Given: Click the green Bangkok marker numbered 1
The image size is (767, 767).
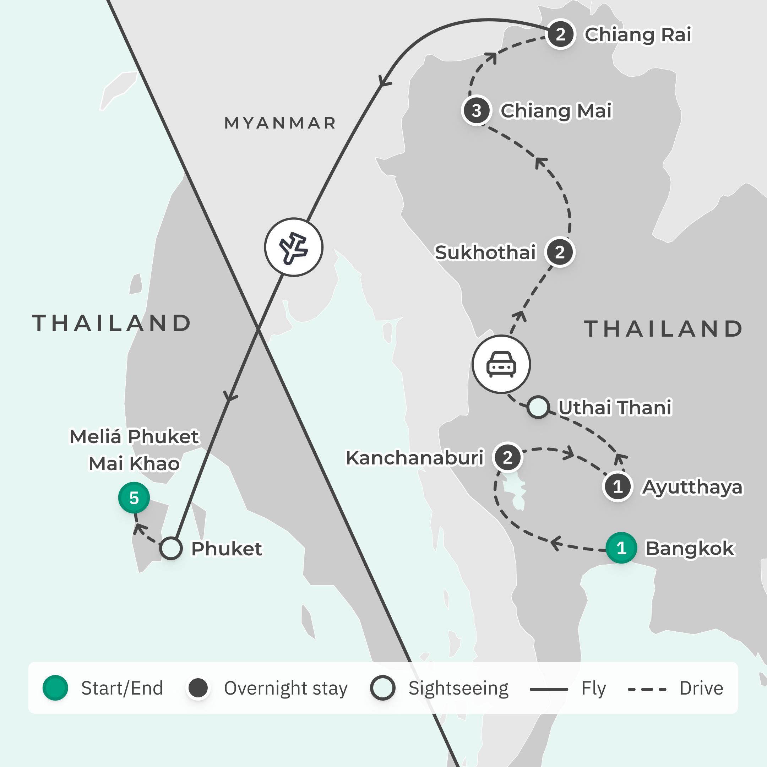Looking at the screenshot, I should click(x=621, y=548).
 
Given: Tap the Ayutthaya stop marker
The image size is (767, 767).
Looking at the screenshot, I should click(x=618, y=486).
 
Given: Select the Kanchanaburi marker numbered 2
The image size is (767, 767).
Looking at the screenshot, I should click(x=507, y=457).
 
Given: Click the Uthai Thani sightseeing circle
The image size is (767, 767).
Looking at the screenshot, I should click(x=538, y=407).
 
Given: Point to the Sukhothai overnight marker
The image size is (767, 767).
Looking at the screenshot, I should click(x=560, y=252).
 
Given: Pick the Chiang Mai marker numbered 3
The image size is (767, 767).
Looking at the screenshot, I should click(x=477, y=110).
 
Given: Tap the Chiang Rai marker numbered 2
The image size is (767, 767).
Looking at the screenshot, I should click(x=561, y=34).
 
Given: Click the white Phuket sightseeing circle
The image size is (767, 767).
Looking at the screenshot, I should click(x=171, y=548).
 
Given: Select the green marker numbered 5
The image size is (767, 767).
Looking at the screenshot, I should click(x=134, y=497).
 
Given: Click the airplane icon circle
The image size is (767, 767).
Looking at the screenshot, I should click(x=294, y=247).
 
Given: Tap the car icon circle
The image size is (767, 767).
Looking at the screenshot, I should click(x=501, y=364).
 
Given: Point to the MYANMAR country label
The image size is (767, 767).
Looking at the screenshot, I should click(x=280, y=123).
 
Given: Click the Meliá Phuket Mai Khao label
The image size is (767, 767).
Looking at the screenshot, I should click(x=134, y=450).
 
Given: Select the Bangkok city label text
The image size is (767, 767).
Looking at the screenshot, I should click(x=690, y=548).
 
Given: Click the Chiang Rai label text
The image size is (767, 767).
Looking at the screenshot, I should click(x=638, y=34).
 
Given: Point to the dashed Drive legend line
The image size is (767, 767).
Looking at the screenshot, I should click(x=647, y=690).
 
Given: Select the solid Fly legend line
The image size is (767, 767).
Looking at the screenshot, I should click(x=549, y=690).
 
